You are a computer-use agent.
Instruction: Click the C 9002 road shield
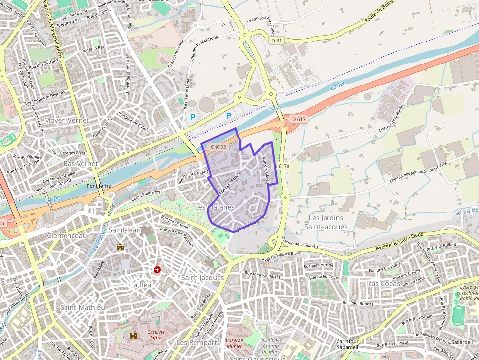click(218, 147)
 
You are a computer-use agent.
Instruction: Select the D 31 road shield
click(277, 41)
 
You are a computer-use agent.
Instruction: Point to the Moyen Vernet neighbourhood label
click(66, 120)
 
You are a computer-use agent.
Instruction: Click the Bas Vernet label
click(81, 163)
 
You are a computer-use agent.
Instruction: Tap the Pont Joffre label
click(99, 186)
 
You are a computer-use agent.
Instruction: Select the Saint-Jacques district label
click(202, 277)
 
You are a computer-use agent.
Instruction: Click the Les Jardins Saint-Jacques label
click(326, 222)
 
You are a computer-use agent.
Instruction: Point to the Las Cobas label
click(384, 283)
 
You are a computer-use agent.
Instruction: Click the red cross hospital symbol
click(157, 269)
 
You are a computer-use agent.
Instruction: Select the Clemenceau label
click(67, 235)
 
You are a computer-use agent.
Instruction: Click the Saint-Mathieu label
click(82, 307)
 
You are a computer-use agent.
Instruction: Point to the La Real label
click(142, 284)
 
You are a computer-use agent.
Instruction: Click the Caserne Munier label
click(235, 343)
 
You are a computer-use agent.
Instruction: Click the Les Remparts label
click(198, 343)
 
